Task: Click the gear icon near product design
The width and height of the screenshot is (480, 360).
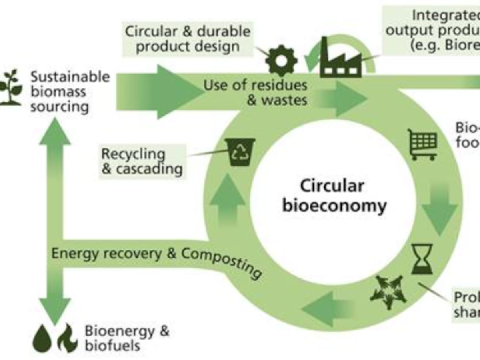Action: click(x=282, y=61)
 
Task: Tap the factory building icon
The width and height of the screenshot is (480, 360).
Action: click(x=341, y=60)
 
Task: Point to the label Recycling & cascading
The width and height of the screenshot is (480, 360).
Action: click(x=142, y=161)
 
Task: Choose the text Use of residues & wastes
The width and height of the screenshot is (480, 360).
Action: click(x=256, y=92)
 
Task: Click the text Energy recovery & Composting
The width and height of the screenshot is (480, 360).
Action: click(x=156, y=258)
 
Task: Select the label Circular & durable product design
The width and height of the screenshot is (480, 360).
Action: click(x=188, y=39)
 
